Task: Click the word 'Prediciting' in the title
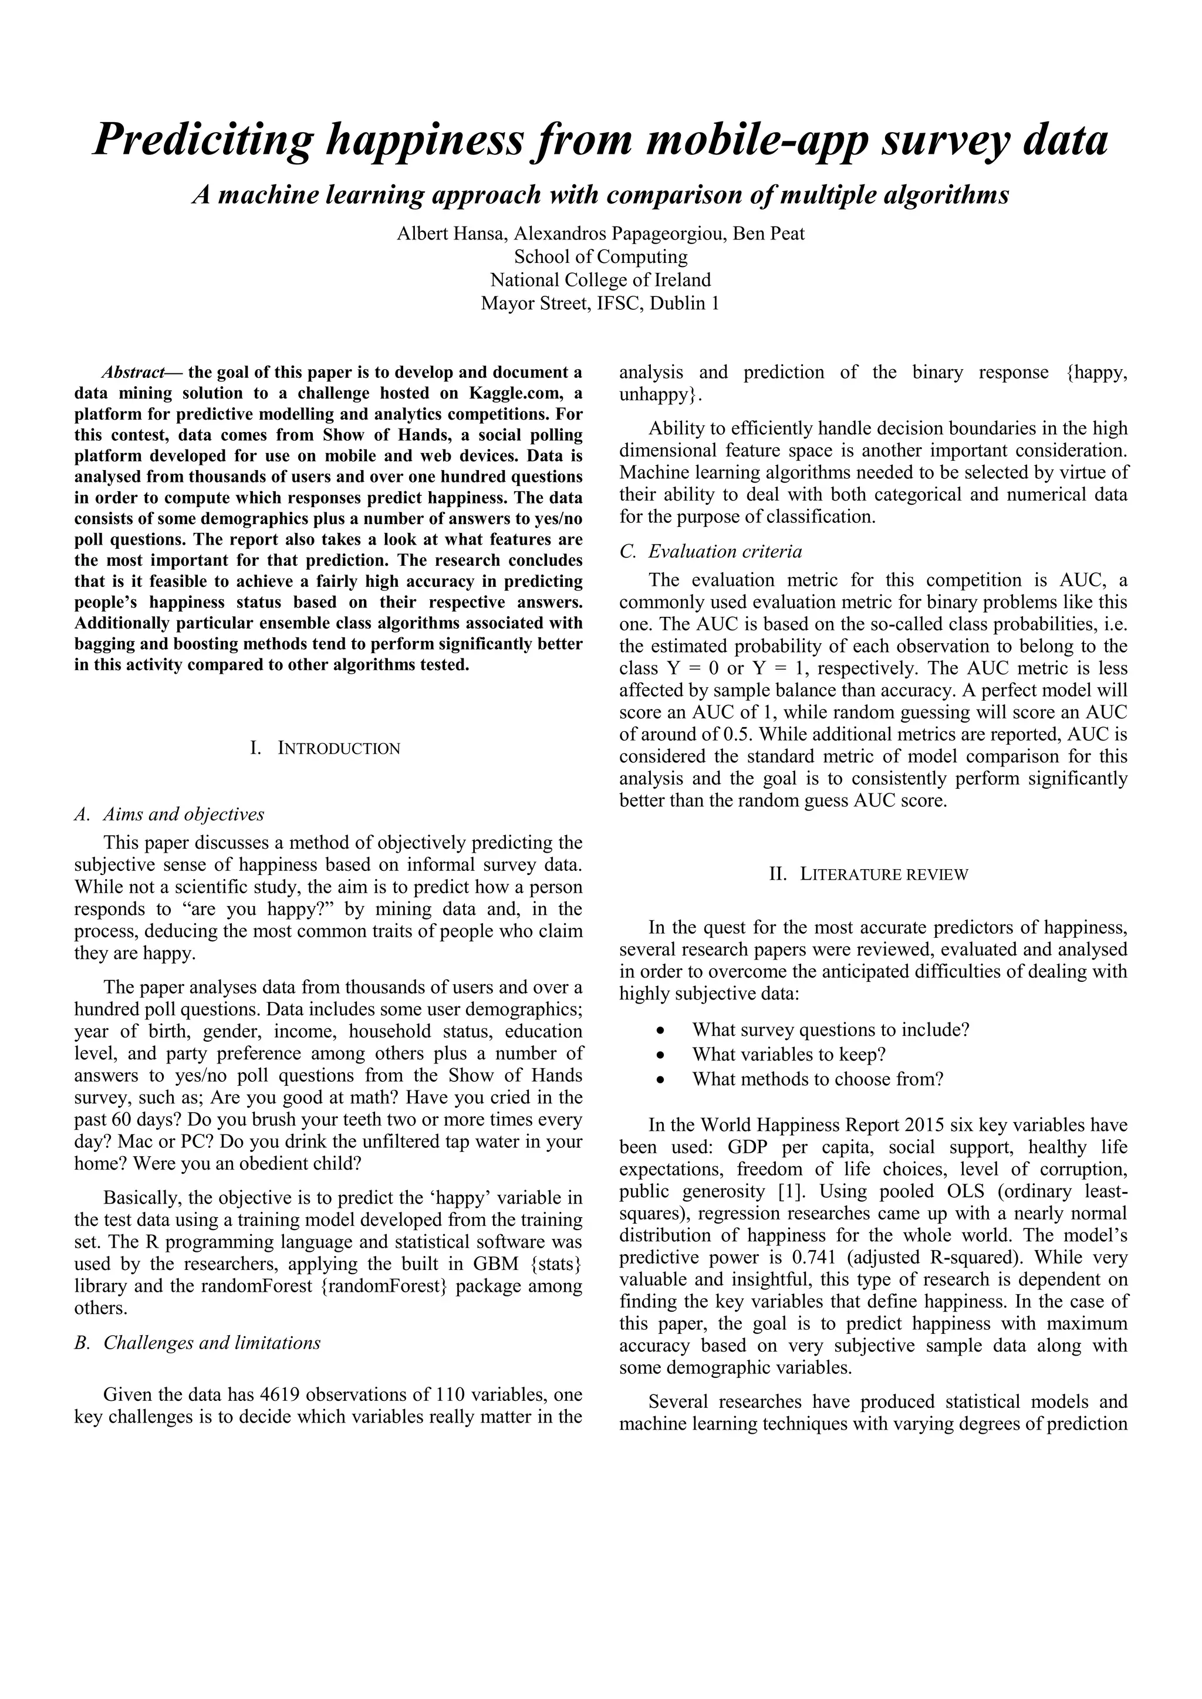(x=201, y=140)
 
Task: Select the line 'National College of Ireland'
(x=600, y=280)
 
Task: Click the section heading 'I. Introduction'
(x=326, y=748)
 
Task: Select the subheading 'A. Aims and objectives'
(x=170, y=814)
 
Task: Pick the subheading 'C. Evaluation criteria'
(x=711, y=551)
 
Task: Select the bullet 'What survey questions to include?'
(x=830, y=1029)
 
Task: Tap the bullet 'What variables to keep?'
(x=789, y=1054)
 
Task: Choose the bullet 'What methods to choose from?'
(x=818, y=1079)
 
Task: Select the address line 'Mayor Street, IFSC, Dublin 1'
(x=600, y=303)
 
